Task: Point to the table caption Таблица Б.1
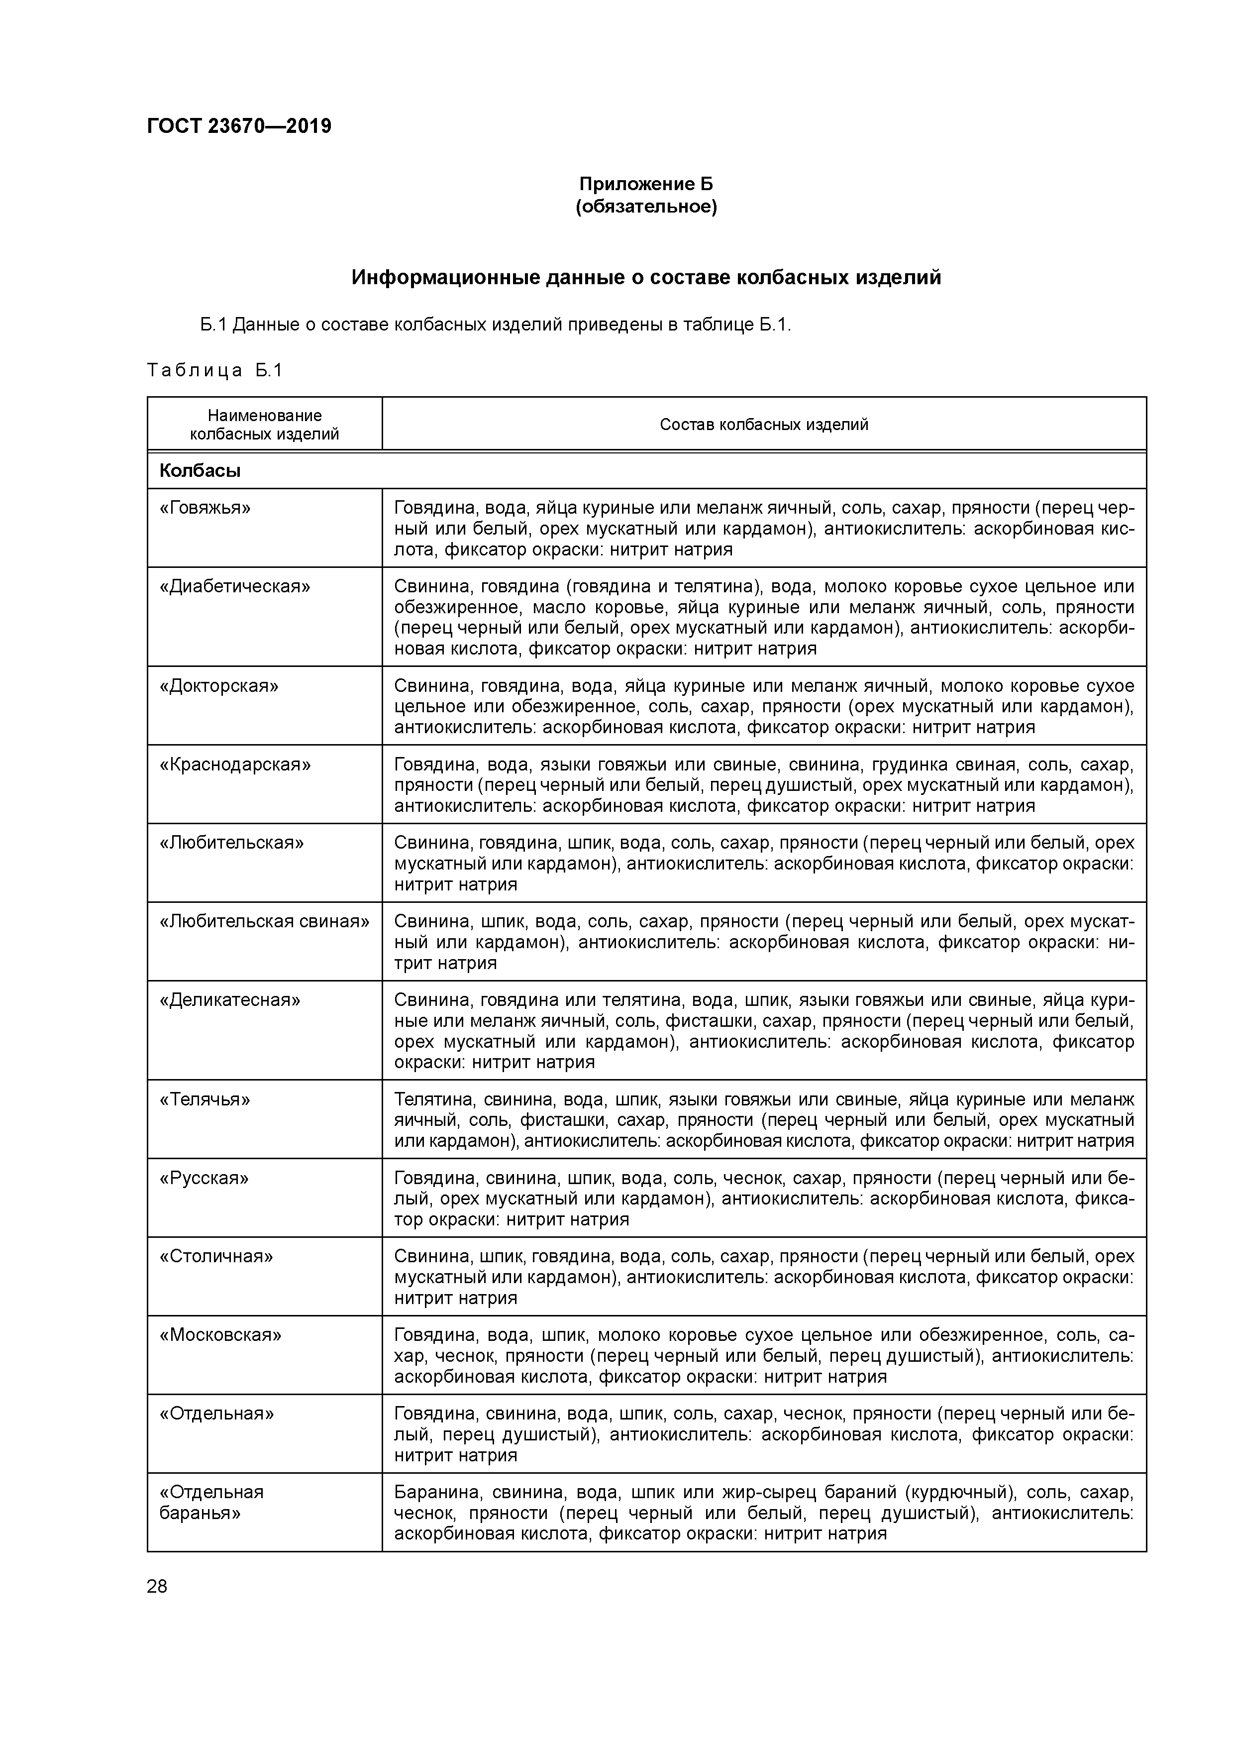click(214, 370)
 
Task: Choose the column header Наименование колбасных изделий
click(265, 425)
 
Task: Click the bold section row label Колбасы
click(200, 471)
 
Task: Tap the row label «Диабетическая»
click(235, 586)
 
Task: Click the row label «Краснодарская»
click(235, 764)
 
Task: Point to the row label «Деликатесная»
click(229, 1000)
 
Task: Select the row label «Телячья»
click(205, 1099)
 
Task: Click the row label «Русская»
click(204, 1178)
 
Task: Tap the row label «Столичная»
click(216, 1256)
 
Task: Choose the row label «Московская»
click(220, 1334)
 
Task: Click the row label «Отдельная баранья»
click(211, 1503)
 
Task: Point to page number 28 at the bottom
click(157, 1586)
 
